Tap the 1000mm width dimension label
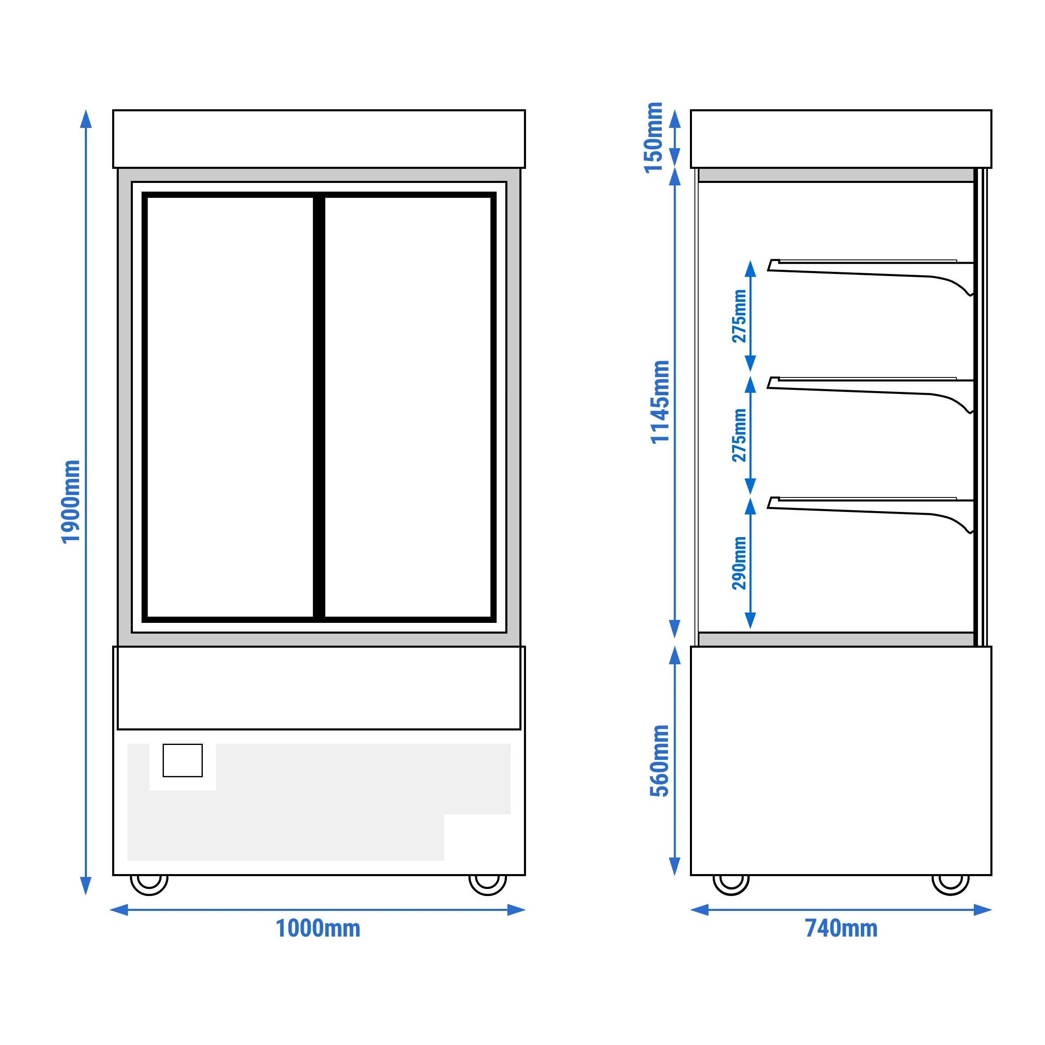[x=318, y=929]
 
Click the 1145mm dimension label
[x=660, y=402]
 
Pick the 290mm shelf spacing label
[x=740, y=563]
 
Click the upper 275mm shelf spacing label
[x=740, y=317]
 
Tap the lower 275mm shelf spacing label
[x=740, y=435]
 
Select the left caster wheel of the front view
[x=149, y=884]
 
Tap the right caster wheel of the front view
[x=488, y=884]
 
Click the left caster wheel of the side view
[x=731, y=884]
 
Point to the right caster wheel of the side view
[x=950, y=884]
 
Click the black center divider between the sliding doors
[x=319, y=407]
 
